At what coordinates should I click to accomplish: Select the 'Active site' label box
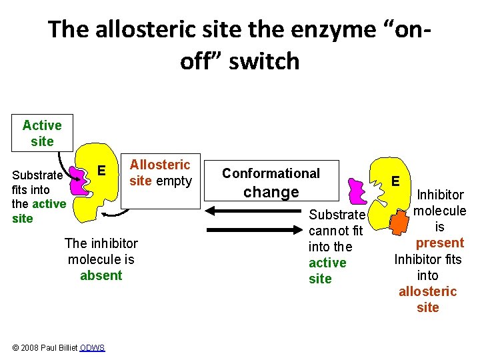(42, 133)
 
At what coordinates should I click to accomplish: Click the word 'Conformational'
(271, 173)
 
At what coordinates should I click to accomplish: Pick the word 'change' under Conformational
(271, 193)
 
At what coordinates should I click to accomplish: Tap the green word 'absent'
(101, 275)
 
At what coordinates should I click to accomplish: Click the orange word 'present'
(439, 243)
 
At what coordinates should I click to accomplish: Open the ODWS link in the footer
(92, 348)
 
